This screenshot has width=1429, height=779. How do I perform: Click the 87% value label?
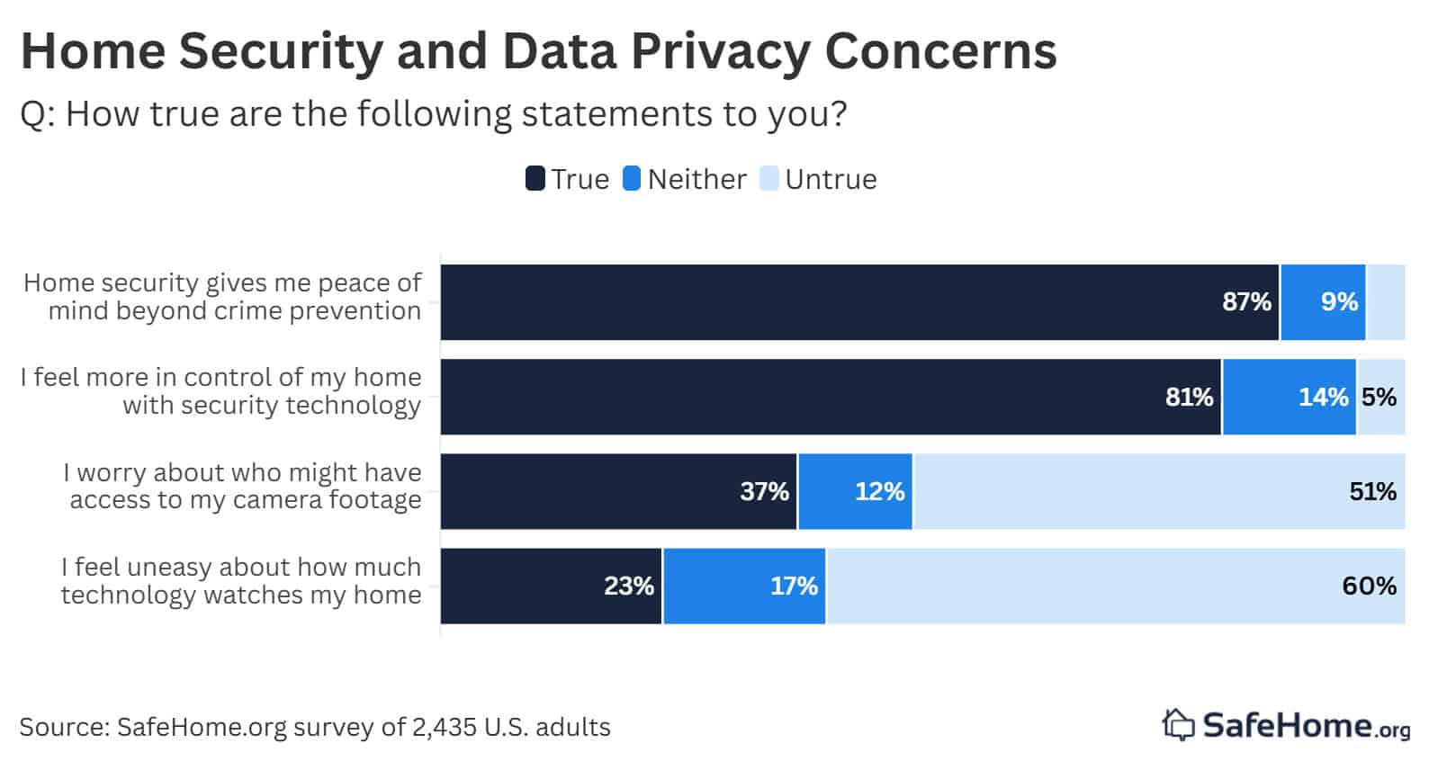pos(1246,302)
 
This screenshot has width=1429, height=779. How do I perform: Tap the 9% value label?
pos(1339,302)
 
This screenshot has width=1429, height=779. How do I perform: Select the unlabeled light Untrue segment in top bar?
pos(1386,302)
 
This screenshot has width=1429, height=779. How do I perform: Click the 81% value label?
pos(1190,397)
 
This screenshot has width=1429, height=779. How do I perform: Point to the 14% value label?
pos(1323,397)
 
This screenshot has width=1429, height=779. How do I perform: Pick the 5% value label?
pos(1379,397)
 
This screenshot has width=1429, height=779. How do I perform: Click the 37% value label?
pos(764,491)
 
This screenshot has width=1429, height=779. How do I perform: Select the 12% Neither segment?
pos(855,491)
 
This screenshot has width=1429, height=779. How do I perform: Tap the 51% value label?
pos(1372,491)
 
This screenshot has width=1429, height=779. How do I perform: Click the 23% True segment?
pos(551,586)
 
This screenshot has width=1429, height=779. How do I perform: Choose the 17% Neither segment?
pos(744,586)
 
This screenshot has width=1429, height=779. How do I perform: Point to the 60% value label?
pos(1369,586)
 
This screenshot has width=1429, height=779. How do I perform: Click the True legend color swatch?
pos(535,179)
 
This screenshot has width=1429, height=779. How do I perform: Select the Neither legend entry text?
pos(697,179)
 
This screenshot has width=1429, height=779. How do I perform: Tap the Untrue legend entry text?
pos(830,179)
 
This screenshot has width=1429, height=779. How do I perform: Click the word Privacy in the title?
pos(721,50)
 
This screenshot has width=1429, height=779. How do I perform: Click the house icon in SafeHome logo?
pos(1178,724)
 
